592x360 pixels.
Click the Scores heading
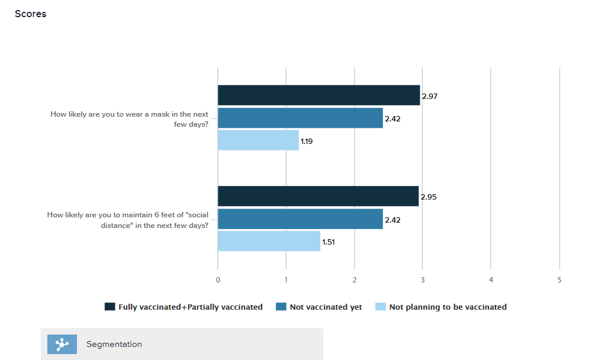click(30, 14)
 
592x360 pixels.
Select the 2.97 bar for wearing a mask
click(318, 95)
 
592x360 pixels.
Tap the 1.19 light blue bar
click(258, 140)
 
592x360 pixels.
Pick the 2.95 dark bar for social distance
click(318, 196)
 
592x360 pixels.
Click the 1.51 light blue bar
click(269, 241)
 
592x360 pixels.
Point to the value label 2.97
click(429, 96)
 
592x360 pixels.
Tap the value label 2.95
click(429, 197)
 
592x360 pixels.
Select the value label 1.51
click(329, 242)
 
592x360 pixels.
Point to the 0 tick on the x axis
click(218, 279)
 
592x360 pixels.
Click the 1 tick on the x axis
click(287, 279)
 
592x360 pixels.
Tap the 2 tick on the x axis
click(355, 279)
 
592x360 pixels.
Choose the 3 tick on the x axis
click(423, 279)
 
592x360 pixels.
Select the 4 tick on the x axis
click(491, 279)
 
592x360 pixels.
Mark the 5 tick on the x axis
click(559, 279)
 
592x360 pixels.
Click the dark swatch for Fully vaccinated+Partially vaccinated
click(110, 307)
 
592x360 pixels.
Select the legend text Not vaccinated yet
click(326, 307)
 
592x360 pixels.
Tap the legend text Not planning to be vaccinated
click(448, 307)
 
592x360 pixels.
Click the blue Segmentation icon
click(62, 344)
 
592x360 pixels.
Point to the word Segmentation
click(114, 344)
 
